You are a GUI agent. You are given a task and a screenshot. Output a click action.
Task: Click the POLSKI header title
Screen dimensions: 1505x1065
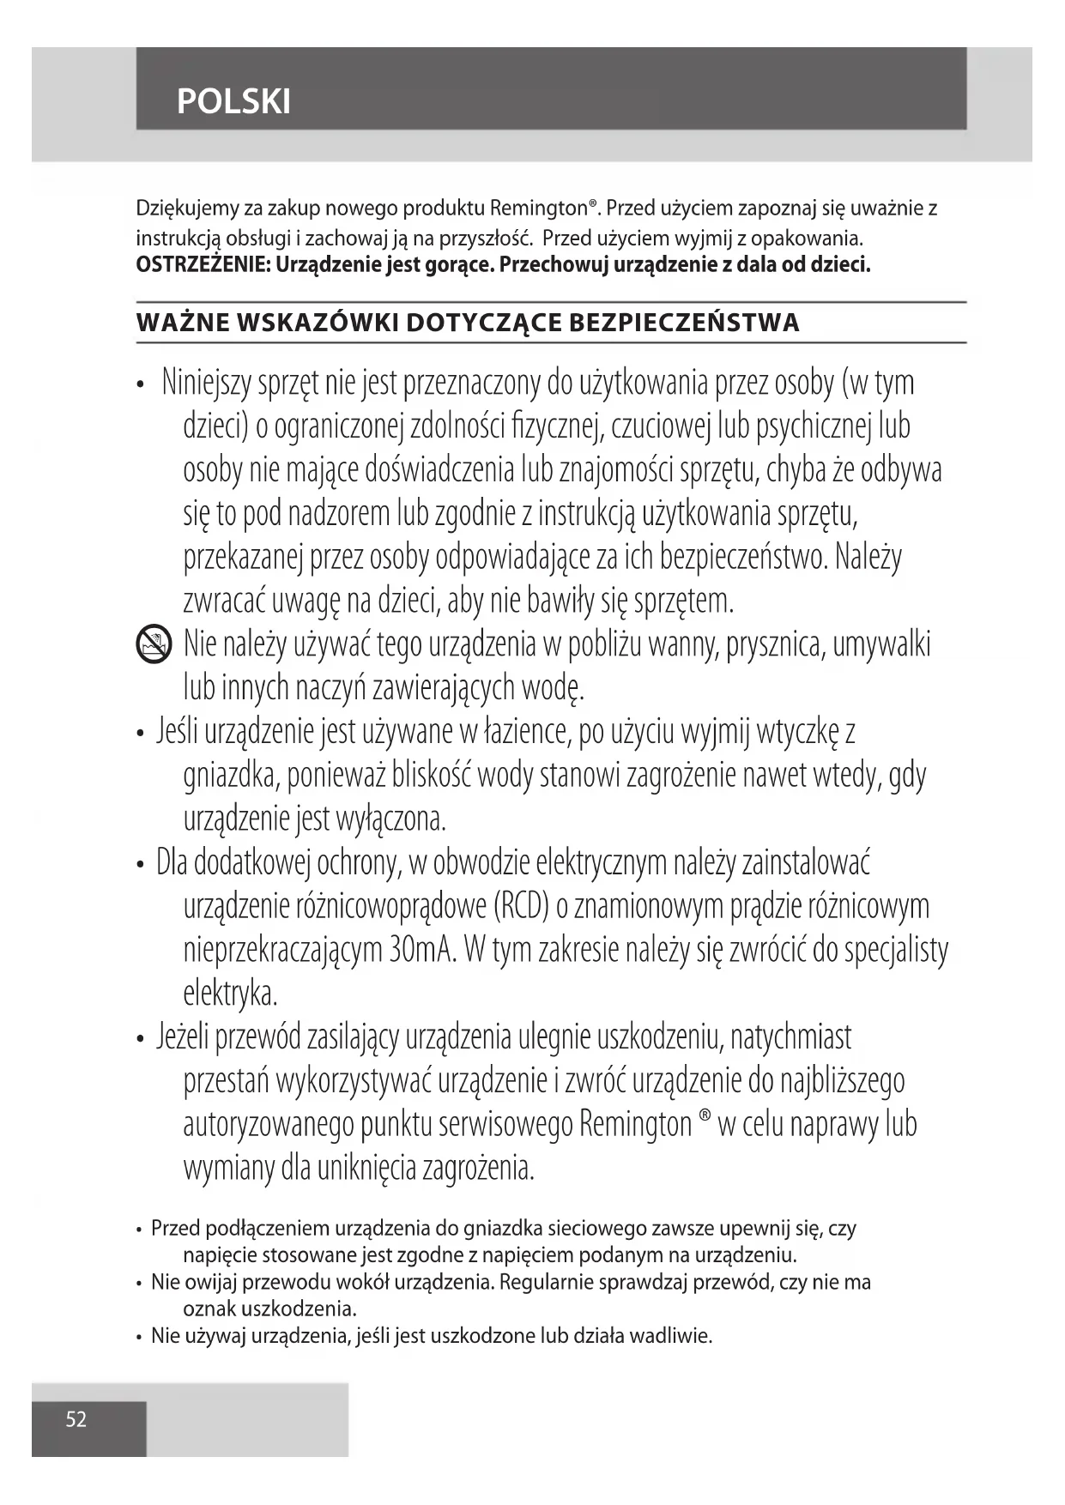click(x=233, y=102)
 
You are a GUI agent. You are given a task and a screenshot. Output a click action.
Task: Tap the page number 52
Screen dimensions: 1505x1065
click(x=76, y=1419)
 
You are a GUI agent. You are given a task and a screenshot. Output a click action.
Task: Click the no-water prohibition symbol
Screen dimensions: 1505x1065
click(x=154, y=644)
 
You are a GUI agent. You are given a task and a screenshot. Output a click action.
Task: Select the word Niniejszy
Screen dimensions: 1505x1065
click(x=206, y=383)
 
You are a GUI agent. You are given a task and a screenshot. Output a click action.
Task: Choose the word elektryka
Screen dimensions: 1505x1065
click(x=230, y=994)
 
